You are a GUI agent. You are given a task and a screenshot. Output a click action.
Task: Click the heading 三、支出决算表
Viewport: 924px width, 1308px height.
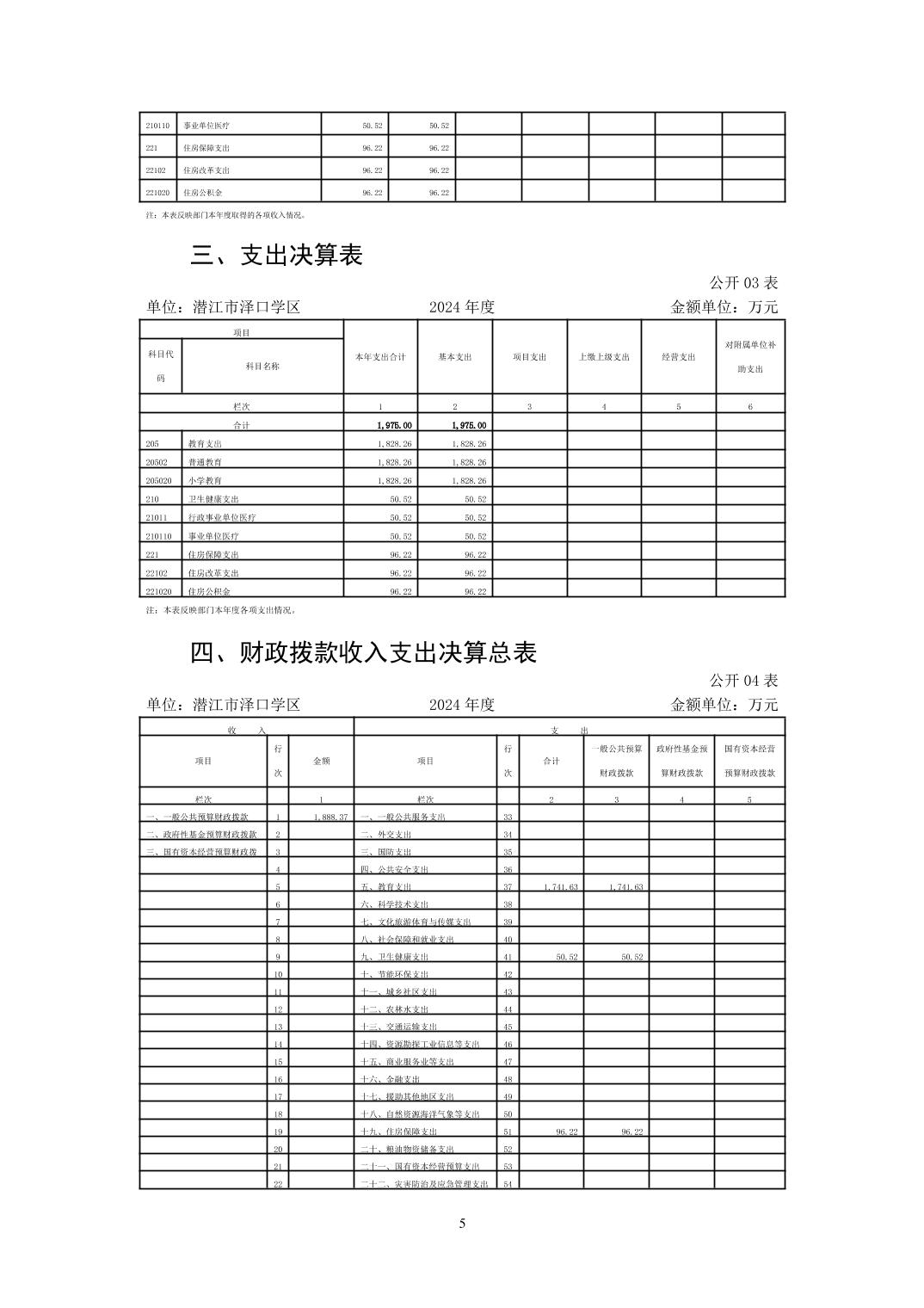click(277, 255)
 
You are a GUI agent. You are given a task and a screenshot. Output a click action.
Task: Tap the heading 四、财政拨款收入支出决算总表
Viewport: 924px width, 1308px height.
click(363, 653)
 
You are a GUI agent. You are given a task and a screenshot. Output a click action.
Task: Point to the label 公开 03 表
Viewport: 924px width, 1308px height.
click(743, 282)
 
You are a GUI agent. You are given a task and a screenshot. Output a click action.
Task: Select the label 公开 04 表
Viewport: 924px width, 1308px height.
click(743, 680)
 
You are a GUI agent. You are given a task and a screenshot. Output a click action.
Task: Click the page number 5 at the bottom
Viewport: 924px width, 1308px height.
click(462, 1224)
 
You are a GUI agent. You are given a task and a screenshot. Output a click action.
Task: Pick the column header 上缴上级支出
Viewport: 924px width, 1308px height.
click(604, 357)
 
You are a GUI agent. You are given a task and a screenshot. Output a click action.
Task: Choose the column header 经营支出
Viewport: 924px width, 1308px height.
click(678, 357)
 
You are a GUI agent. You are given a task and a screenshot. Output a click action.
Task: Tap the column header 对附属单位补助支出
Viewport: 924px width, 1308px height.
click(750, 357)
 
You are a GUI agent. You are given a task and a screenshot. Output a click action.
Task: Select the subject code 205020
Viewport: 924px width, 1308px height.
click(159, 480)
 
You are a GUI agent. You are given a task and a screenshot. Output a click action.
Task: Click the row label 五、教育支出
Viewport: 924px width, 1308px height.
click(386, 886)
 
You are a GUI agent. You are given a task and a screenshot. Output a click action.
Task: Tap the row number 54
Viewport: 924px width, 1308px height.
click(508, 1184)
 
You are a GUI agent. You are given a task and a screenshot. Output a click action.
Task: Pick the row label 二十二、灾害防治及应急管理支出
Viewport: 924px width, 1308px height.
click(424, 1184)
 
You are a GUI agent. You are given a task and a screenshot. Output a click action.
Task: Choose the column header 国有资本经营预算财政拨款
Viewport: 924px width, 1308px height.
click(749, 761)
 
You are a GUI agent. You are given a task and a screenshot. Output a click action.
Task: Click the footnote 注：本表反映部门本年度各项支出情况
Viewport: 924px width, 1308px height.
click(221, 610)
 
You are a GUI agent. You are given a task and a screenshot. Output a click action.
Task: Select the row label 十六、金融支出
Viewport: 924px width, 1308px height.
click(391, 1079)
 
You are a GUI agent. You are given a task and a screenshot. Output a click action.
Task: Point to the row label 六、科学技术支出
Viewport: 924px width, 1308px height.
click(395, 904)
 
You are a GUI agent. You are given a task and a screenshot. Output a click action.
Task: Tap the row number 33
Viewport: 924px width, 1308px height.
click(508, 817)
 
